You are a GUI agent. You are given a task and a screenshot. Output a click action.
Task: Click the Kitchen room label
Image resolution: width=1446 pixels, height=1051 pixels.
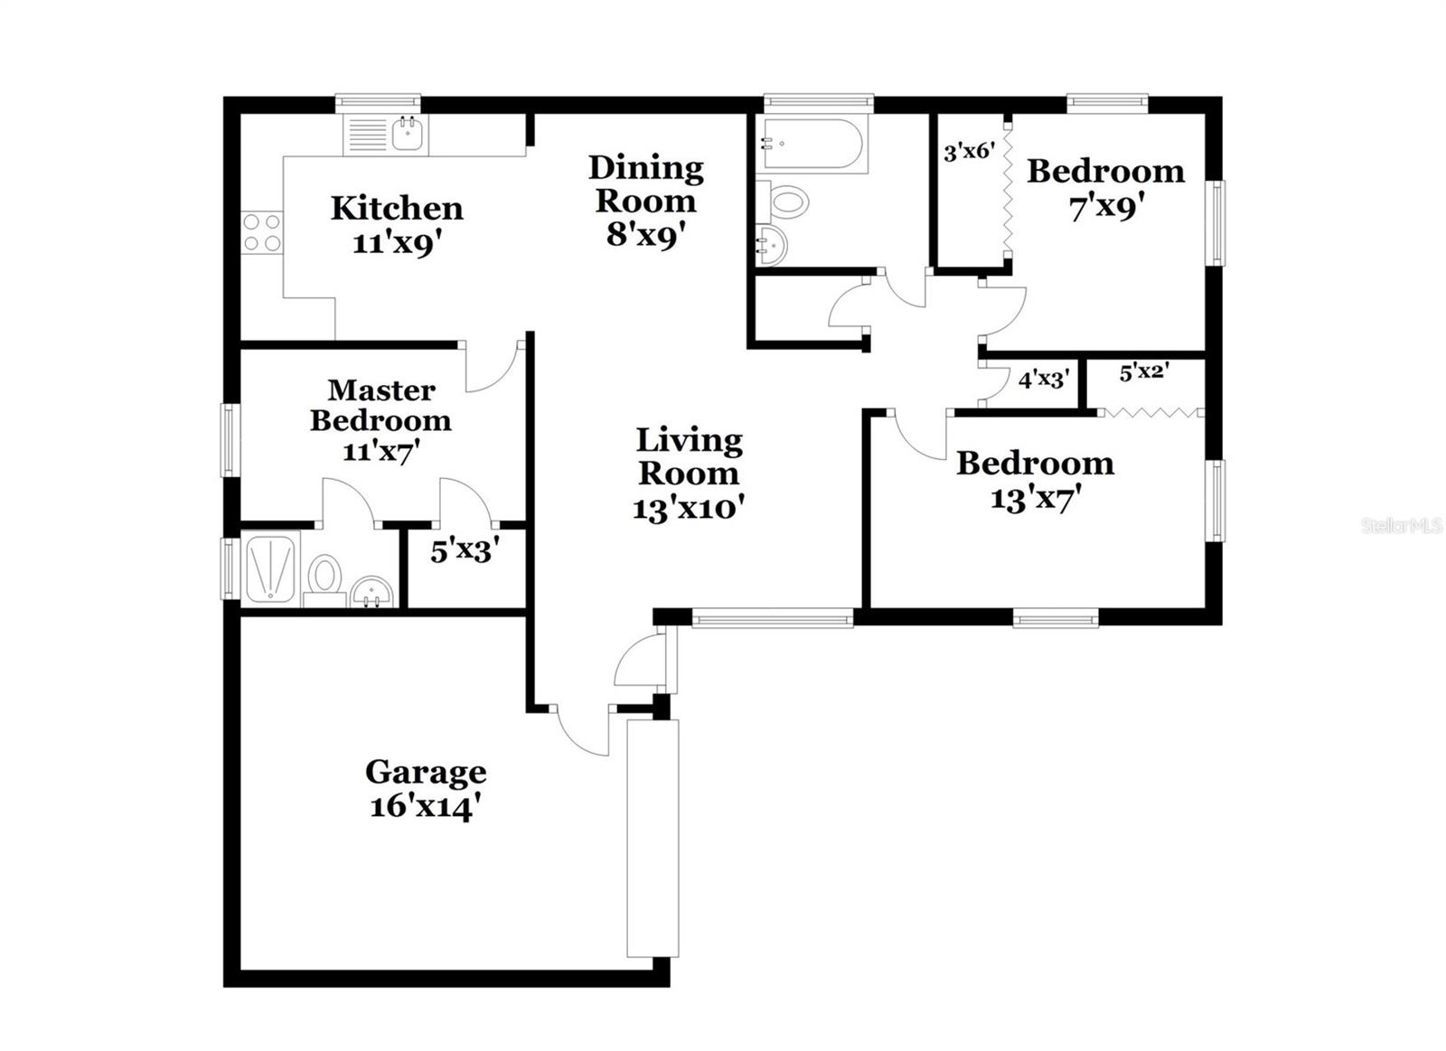[397, 208]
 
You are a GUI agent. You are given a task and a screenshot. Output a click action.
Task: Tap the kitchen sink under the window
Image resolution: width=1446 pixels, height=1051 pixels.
[409, 136]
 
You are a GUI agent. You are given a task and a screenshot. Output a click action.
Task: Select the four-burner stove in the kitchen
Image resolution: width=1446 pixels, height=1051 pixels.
[261, 231]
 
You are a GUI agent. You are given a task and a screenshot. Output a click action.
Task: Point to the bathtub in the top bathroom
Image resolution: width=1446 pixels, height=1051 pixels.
[813, 144]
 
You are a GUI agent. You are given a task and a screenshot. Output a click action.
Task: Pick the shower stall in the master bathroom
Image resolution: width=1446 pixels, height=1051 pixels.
[271, 569]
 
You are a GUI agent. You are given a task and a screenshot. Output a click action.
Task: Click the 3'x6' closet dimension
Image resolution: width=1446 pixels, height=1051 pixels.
[969, 152]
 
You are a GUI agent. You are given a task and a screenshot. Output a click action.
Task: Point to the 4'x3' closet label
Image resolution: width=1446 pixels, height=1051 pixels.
[1044, 380]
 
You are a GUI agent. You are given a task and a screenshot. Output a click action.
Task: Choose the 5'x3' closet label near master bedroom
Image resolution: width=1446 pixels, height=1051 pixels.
[465, 550]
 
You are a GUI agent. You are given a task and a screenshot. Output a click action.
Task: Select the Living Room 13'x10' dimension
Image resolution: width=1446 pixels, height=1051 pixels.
[688, 508]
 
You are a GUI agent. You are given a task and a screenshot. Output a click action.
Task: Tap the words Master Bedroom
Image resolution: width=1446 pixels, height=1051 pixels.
[380, 405]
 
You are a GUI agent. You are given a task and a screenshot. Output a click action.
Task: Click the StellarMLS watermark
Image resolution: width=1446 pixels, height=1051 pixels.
[1401, 526]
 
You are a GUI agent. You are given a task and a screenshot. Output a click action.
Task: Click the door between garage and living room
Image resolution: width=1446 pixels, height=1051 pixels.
[583, 730]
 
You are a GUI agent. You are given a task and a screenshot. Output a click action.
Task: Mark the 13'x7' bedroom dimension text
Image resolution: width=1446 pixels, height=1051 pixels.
[1036, 498]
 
